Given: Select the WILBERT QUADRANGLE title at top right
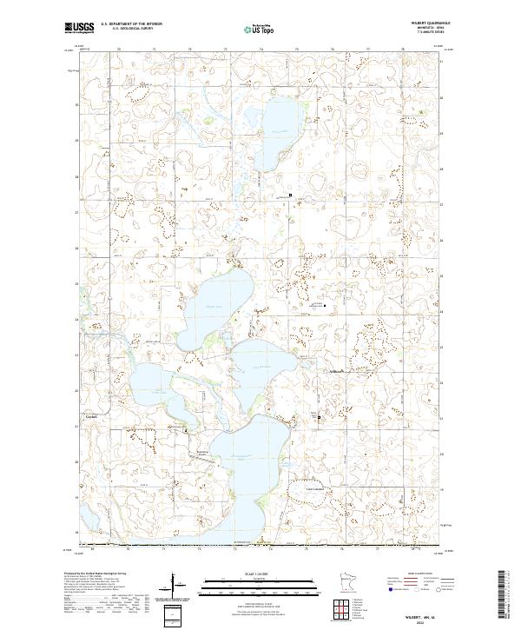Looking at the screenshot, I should [x=419, y=23].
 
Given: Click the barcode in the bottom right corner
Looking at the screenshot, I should [x=502, y=598].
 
